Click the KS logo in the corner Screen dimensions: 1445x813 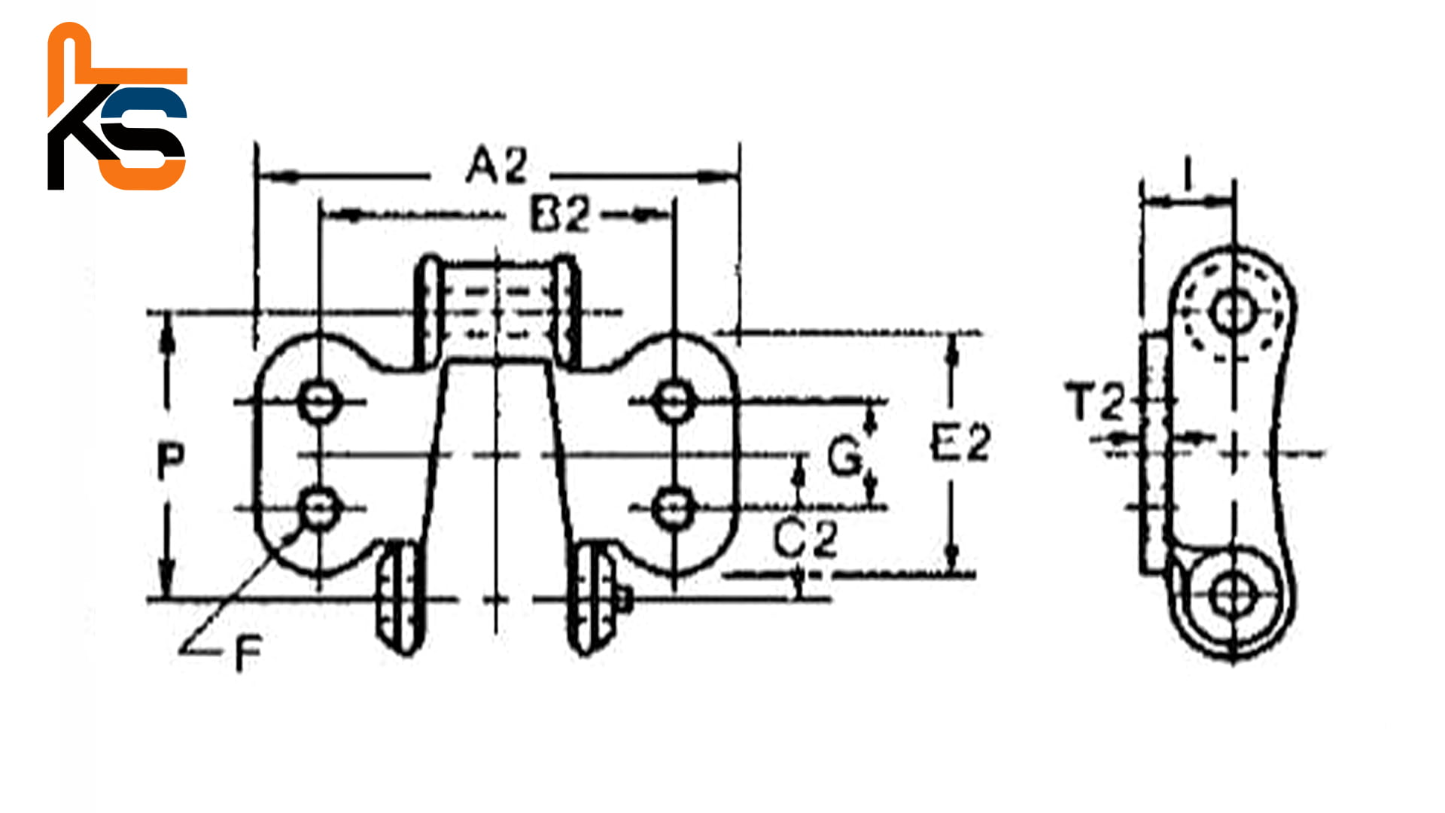tap(117, 107)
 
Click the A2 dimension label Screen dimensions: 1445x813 tap(497, 166)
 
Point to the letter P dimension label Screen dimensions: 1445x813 tap(171, 460)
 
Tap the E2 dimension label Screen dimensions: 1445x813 tap(961, 442)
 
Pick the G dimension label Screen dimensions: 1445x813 tap(844, 456)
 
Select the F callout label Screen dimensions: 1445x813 tap(248, 653)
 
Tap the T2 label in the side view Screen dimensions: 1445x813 tap(1095, 401)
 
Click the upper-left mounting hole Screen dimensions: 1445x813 tap(319, 401)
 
